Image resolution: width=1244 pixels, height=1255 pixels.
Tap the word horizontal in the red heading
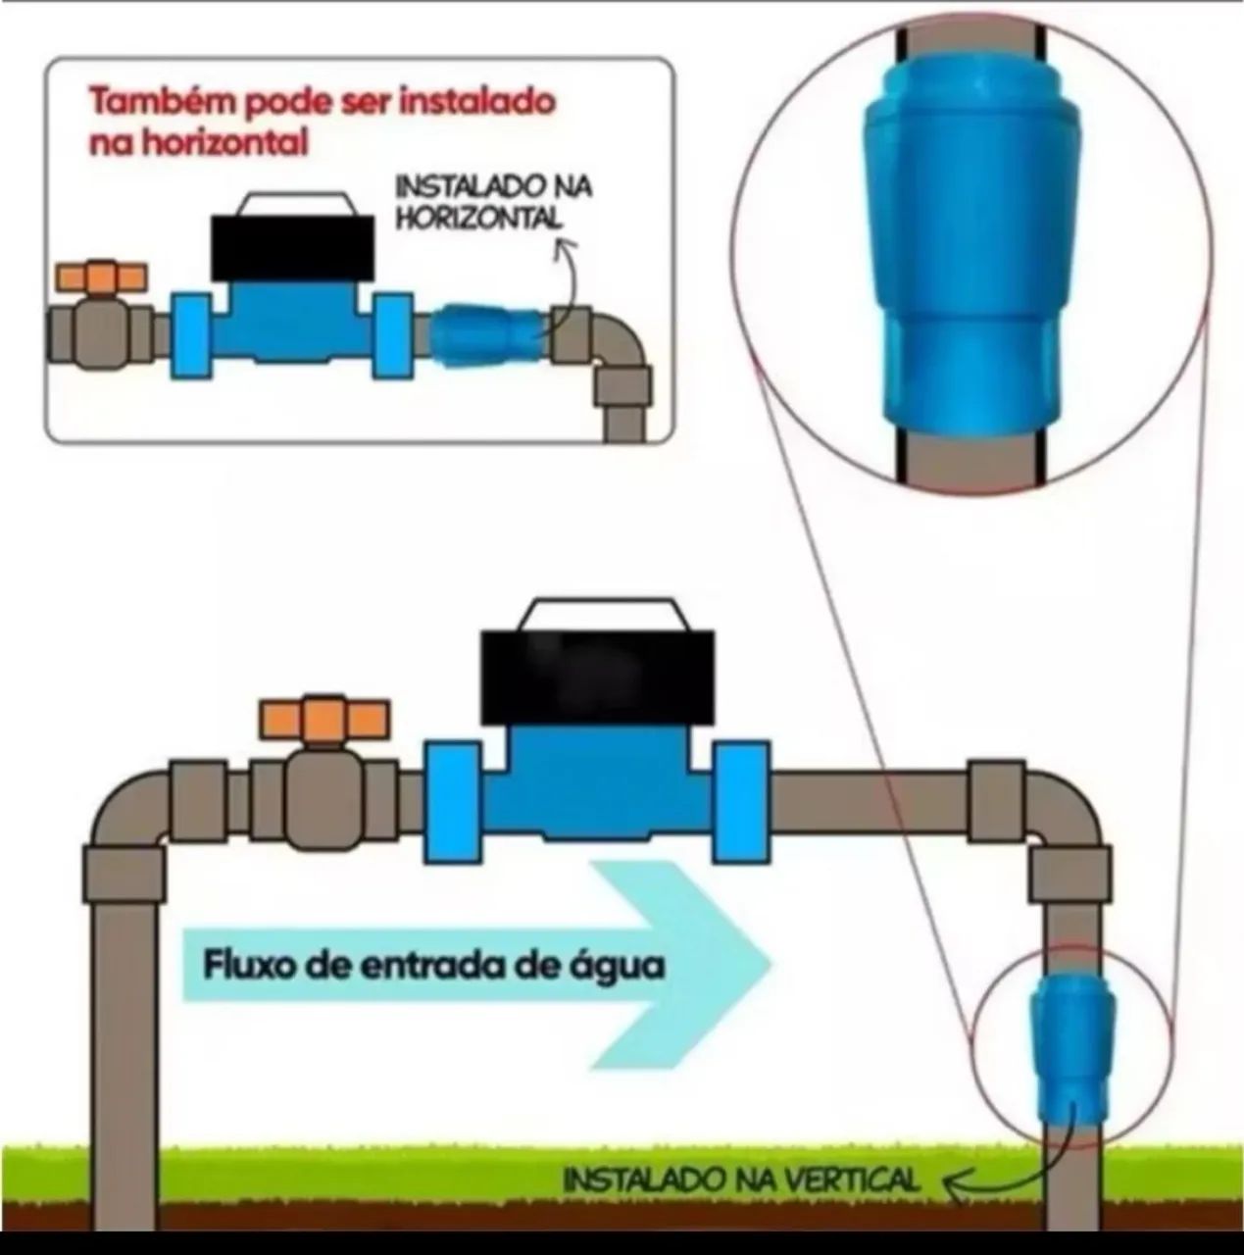(224, 143)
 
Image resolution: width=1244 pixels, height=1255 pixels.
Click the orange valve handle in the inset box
(102, 276)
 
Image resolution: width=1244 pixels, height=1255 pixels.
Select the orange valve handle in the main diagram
(324, 720)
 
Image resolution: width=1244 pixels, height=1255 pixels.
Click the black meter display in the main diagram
(597, 678)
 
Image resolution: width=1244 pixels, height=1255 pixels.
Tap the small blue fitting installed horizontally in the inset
(488, 336)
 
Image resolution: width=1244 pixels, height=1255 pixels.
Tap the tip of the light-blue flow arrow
(771, 963)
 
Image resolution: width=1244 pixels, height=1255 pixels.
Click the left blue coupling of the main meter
(453, 802)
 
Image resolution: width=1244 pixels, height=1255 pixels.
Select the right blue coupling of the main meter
(742, 802)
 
